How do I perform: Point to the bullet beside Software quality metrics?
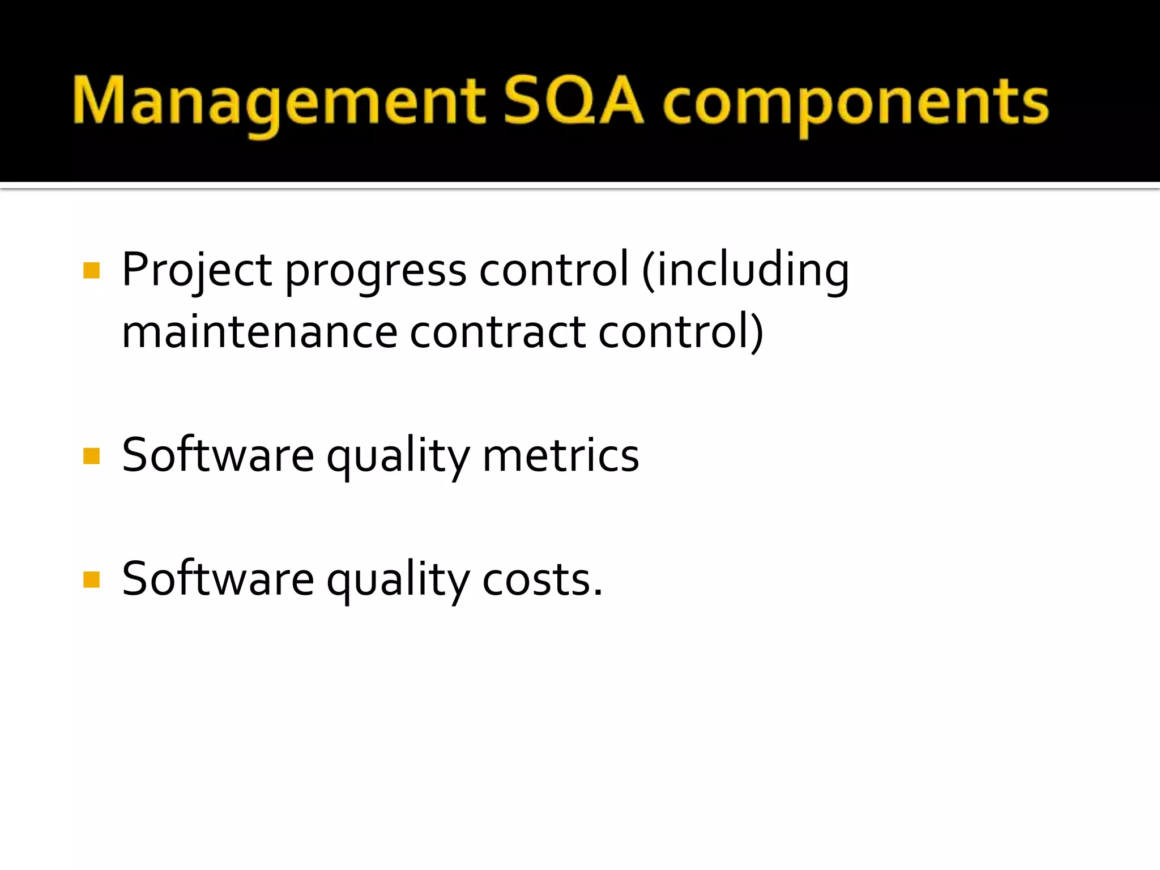pyautogui.click(x=91, y=455)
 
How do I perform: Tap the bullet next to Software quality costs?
pyautogui.click(x=91, y=579)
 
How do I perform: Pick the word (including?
pyautogui.click(x=745, y=271)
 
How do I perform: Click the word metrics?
pyautogui.click(x=561, y=455)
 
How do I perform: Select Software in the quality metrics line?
pyautogui.click(x=218, y=455)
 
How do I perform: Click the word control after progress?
pyautogui.click(x=554, y=270)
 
